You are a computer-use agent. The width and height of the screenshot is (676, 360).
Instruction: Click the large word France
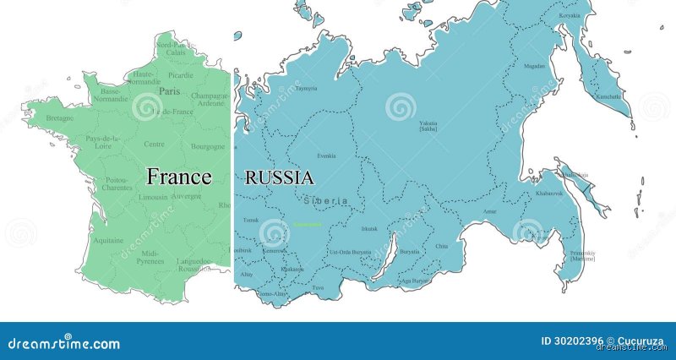tap(178, 177)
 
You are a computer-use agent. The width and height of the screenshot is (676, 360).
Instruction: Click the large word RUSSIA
tap(279, 177)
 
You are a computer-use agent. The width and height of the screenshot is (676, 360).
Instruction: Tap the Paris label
tap(170, 91)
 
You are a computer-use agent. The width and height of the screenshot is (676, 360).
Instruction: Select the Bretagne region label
tap(59, 118)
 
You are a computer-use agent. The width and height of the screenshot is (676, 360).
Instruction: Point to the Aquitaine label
tap(110, 240)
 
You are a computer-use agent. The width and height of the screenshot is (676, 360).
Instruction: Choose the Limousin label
tap(154, 197)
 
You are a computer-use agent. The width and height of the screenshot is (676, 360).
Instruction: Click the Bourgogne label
tap(209, 145)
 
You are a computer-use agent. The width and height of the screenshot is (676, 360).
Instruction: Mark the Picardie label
tap(180, 74)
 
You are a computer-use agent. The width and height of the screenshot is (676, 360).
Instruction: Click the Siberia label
tap(324, 200)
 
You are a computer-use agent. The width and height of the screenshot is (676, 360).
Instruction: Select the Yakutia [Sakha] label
tap(428, 126)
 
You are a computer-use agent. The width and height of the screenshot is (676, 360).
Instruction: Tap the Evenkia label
tap(326, 155)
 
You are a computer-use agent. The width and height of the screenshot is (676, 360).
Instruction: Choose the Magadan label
tap(534, 65)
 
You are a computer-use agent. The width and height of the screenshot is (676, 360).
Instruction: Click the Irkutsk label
tap(369, 228)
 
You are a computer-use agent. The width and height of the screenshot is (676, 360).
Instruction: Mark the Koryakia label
tap(570, 15)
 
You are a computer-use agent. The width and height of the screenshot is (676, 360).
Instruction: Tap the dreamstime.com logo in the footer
tap(63, 343)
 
